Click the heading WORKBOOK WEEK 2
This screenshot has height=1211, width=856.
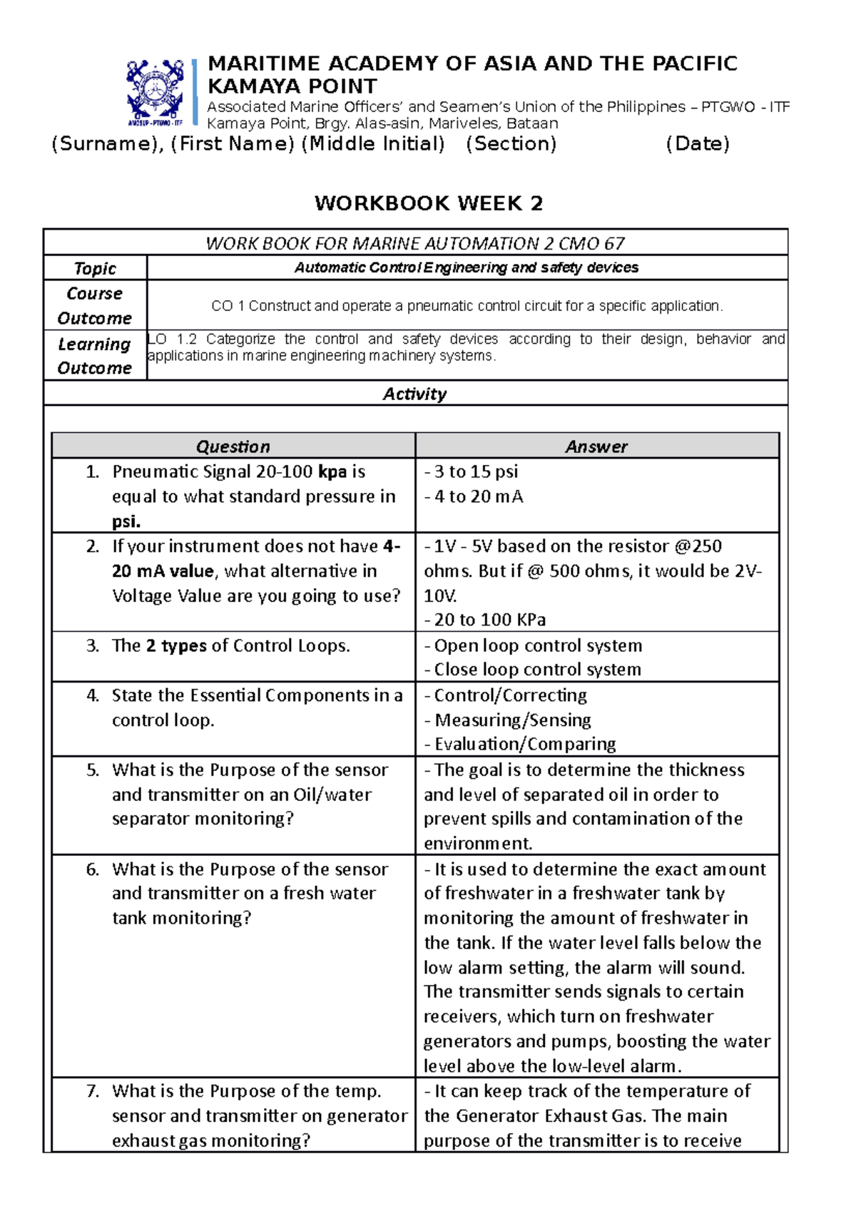tap(429, 203)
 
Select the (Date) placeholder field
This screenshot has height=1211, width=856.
tap(697, 144)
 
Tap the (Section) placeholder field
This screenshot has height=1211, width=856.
tap(511, 144)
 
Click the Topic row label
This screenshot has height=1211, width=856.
tap(95, 268)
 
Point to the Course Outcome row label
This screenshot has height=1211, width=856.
tap(95, 305)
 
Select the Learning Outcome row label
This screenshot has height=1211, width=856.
tap(95, 355)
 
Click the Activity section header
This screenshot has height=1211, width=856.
tap(414, 394)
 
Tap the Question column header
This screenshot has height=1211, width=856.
tap(233, 446)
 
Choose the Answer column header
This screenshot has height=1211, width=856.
tap(596, 446)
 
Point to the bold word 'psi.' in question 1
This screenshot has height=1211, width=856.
tap(126, 521)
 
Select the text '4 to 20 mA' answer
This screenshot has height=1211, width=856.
tap(478, 496)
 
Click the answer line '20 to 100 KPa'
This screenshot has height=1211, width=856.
tap(489, 620)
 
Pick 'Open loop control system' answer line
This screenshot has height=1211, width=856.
tap(537, 645)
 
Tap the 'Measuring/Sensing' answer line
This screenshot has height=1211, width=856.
tap(512, 720)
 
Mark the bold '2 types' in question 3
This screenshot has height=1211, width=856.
tap(176, 645)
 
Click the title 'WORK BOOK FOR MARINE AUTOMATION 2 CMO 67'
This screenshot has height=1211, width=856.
tap(414, 243)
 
